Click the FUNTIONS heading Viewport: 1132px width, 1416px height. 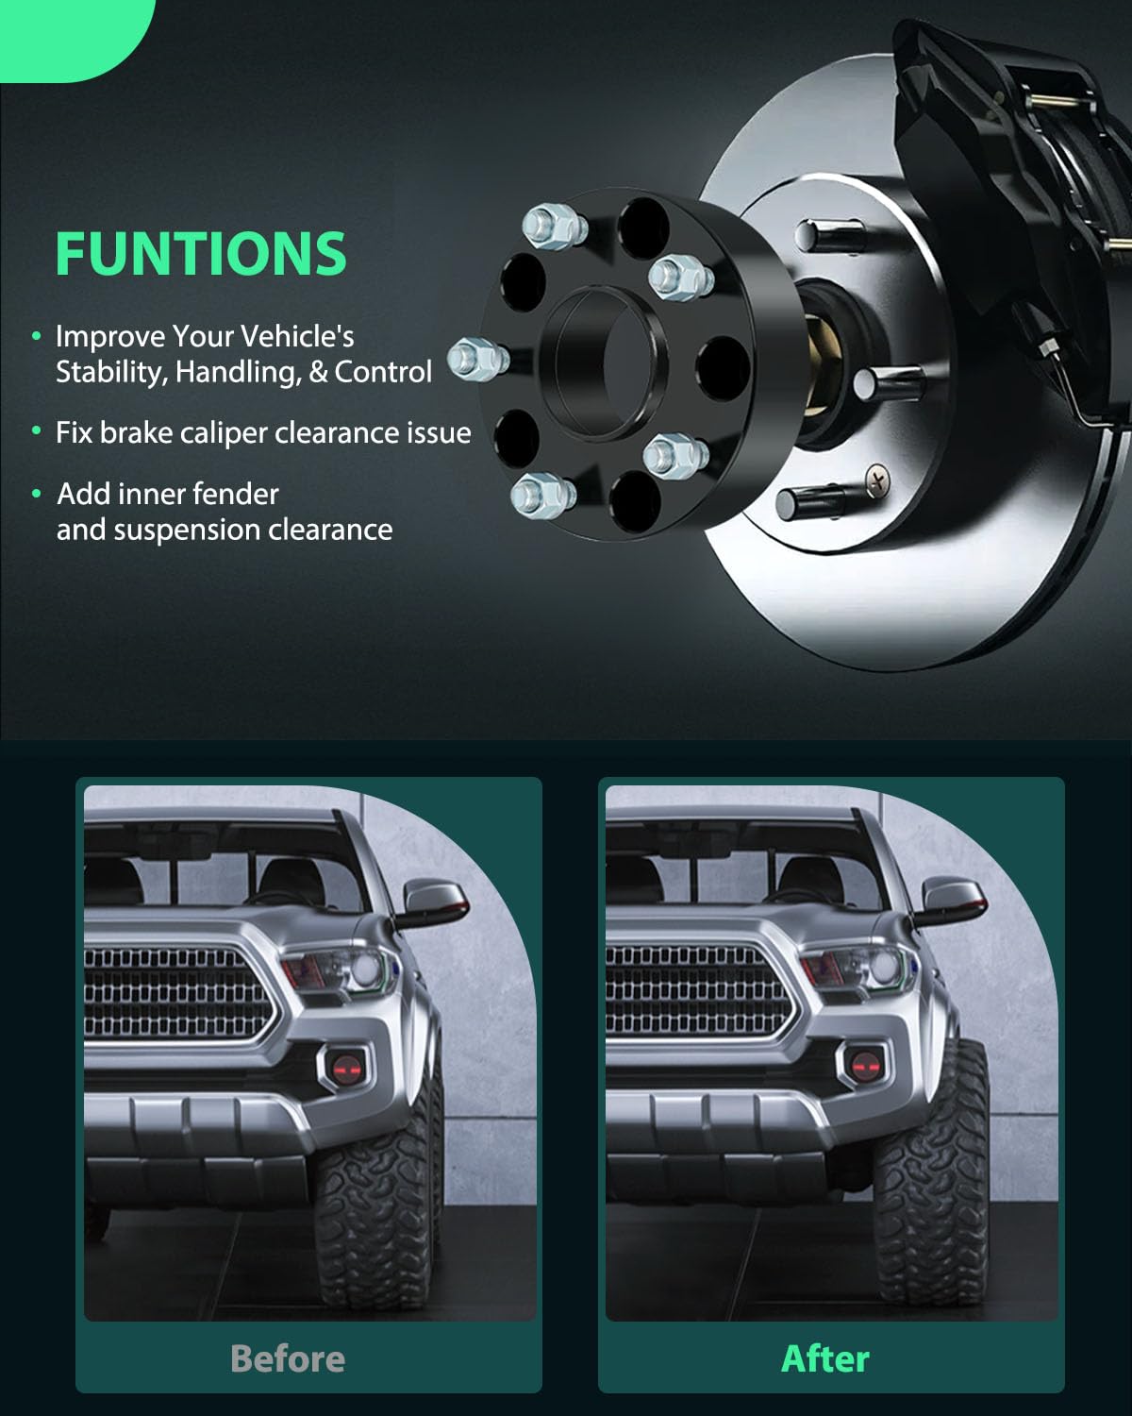click(x=201, y=252)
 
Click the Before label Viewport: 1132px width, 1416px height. click(x=288, y=1358)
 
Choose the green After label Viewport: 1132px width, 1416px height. click(x=825, y=1358)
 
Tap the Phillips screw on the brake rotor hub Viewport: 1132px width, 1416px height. click(x=877, y=480)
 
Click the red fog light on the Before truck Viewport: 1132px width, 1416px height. click(x=342, y=1068)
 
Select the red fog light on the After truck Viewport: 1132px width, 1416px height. click(x=864, y=1068)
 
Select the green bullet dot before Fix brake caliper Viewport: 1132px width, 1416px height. click(x=37, y=432)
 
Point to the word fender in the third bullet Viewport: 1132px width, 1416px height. click(x=236, y=494)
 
